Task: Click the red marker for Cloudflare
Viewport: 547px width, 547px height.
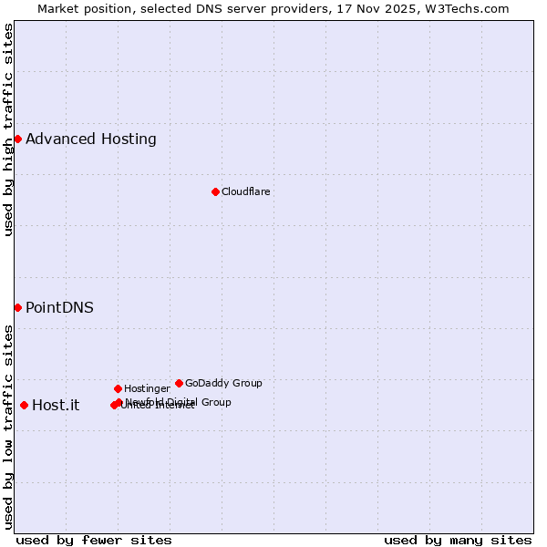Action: (216, 191)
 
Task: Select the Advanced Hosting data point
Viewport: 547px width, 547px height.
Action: (17, 139)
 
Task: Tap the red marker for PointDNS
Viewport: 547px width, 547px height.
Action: (17, 307)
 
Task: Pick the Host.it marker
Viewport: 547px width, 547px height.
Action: (24, 405)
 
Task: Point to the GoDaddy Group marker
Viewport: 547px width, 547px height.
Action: (179, 383)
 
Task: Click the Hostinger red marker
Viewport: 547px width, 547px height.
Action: (118, 388)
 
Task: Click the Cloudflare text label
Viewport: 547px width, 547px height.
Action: (246, 191)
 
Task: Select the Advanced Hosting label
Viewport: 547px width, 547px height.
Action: (91, 139)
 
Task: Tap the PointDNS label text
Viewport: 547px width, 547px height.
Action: (59, 307)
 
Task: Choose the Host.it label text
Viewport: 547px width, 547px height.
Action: (56, 405)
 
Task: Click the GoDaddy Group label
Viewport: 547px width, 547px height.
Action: (223, 383)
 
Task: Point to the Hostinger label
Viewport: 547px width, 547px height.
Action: (147, 388)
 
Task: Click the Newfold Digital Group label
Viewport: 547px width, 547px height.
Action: (179, 402)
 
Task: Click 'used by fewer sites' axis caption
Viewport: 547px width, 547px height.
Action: (94, 540)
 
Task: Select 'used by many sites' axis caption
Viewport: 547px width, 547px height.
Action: (458, 540)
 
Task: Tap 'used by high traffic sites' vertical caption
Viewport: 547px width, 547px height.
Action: (8, 129)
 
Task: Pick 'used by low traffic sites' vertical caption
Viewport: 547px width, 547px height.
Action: (8, 427)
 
